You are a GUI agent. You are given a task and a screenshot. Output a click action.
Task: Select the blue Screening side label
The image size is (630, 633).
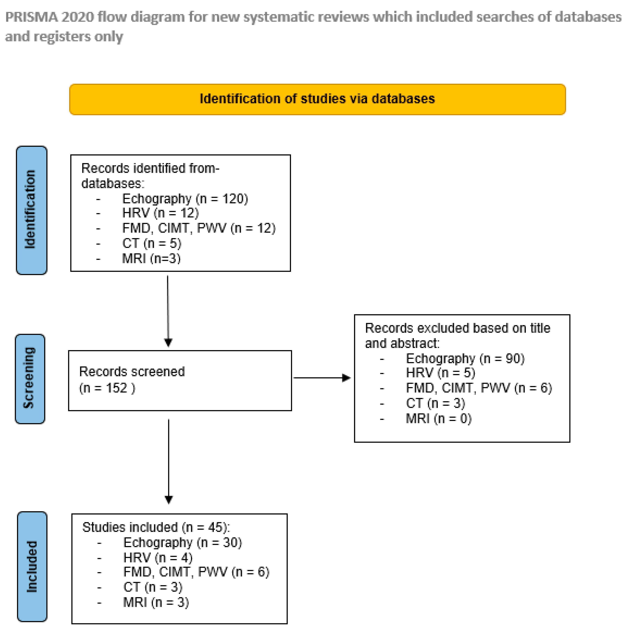click(30, 379)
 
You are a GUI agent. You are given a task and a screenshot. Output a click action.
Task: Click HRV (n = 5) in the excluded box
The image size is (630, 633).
click(440, 373)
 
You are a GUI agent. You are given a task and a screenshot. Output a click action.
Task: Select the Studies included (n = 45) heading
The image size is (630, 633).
click(156, 527)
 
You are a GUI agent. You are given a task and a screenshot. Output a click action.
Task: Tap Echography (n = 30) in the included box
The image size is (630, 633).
click(182, 543)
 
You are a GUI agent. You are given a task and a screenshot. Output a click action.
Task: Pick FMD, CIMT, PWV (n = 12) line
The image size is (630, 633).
click(199, 228)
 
